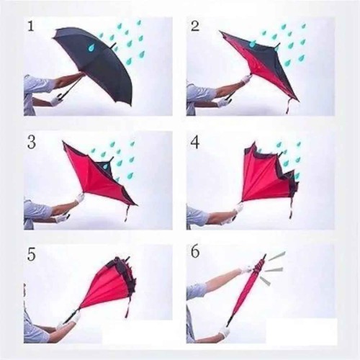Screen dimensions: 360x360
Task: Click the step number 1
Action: [x=30, y=27]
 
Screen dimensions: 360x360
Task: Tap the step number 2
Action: [x=194, y=27]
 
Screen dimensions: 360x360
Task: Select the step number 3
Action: [x=32, y=143]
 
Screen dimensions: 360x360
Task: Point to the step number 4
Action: [x=194, y=143]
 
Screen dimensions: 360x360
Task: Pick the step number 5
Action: [x=32, y=255]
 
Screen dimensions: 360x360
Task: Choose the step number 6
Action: [x=194, y=252]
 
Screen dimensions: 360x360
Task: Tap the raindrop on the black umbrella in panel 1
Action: [x=91, y=48]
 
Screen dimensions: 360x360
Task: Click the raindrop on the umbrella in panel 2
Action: [x=252, y=44]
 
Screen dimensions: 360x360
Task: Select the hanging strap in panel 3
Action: [x=127, y=213]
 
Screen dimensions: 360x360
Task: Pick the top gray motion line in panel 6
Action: [x=276, y=256]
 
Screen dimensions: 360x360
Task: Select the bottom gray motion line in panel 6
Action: [x=265, y=281]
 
